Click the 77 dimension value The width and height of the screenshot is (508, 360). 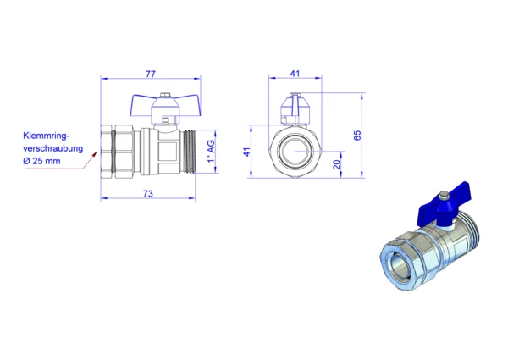click(151, 75)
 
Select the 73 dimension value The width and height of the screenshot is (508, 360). click(147, 194)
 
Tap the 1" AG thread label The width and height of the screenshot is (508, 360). click(211, 152)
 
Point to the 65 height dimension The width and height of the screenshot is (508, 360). click(357, 136)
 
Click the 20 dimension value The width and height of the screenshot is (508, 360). click(337, 164)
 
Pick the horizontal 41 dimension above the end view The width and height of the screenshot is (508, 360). click(295, 74)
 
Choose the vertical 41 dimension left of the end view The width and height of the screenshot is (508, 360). click(247, 152)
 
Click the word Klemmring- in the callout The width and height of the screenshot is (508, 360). click(47, 136)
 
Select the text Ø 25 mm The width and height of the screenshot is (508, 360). click(41, 161)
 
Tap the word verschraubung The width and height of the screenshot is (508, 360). click(53, 148)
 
